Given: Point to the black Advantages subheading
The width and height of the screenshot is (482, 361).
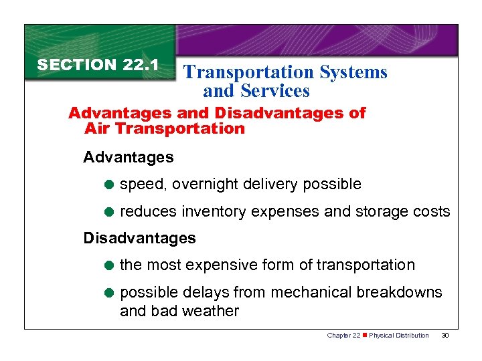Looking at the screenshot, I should click(128, 158).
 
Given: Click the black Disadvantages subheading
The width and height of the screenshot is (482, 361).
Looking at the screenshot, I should click(139, 238).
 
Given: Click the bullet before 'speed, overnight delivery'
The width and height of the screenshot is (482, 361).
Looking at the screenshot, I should click(110, 185).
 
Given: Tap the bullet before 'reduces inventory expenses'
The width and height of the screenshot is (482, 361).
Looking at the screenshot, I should click(110, 212).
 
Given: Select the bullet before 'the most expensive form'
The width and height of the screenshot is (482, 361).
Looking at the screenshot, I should click(110, 265).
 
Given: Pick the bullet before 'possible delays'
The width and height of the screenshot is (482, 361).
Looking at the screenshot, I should click(110, 293).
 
